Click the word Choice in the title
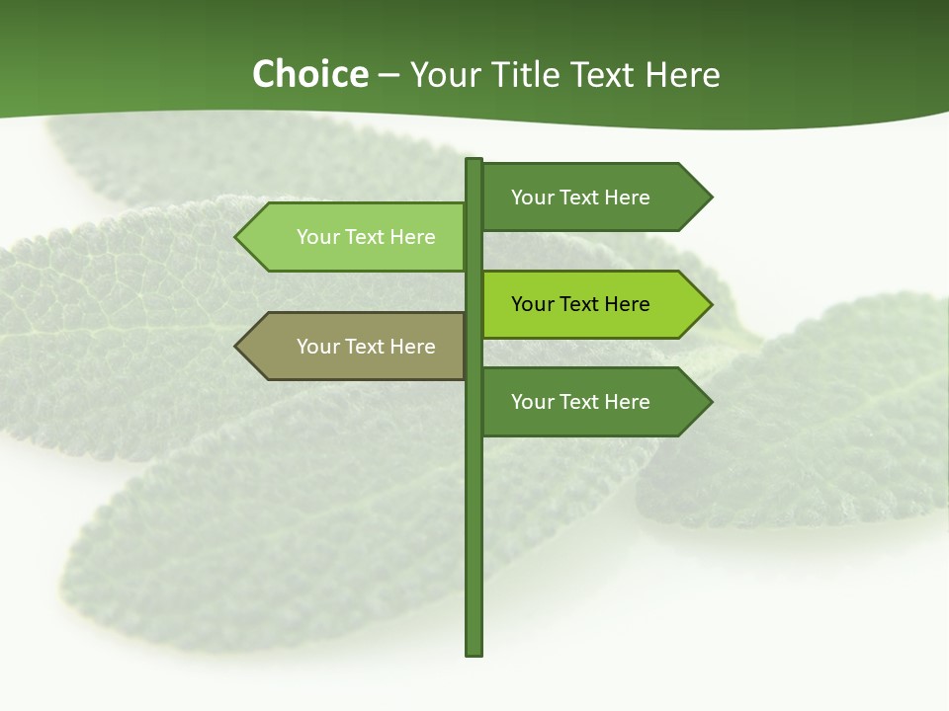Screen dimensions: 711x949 pos(309,74)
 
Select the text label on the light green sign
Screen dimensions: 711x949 pos(366,237)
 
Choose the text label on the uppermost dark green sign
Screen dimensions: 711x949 pos(580,197)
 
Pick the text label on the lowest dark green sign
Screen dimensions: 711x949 pos(580,402)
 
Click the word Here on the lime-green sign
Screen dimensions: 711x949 pos(627,304)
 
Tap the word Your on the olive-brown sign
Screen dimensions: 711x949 pos(317,347)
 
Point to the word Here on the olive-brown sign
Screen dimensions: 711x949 pos(412,347)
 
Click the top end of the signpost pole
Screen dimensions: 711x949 pos(474,161)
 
